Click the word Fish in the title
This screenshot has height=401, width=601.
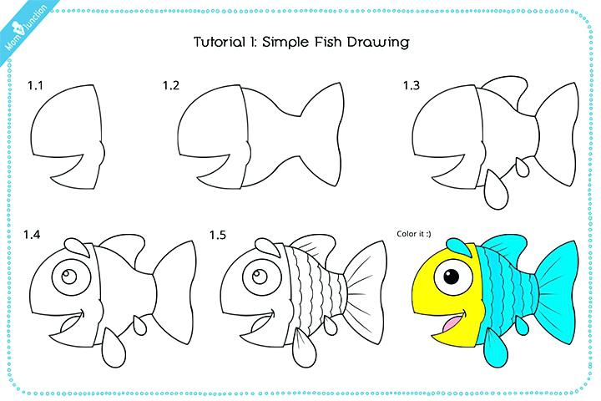[328, 42]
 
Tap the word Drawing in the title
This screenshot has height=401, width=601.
[378, 43]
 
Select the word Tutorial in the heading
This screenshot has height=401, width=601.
[220, 42]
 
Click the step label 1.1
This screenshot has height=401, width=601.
[35, 85]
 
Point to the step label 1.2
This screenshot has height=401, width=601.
[170, 85]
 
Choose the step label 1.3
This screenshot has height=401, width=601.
[411, 85]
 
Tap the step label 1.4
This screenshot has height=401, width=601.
[32, 234]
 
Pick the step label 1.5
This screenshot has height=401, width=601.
[217, 235]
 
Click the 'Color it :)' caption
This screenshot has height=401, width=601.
[413, 234]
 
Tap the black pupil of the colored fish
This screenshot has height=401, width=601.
[452, 277]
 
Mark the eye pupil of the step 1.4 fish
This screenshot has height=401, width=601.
[69, 277]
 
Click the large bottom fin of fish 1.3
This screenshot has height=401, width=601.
[497, 190]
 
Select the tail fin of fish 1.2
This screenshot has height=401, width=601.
[322, 135]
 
